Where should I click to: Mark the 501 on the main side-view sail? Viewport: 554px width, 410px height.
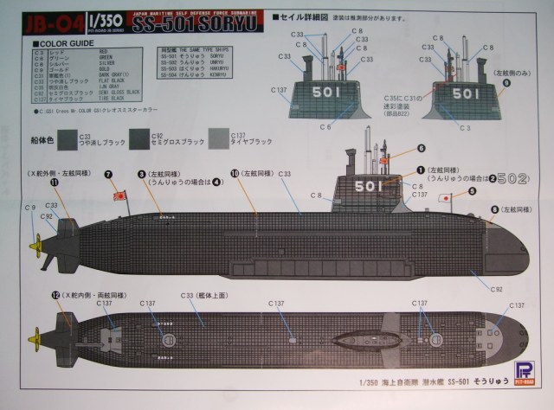tap(367, 186)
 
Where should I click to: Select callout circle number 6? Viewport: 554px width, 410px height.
tap(422, 148)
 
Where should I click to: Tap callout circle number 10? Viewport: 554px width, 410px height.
tap(235, 173)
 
